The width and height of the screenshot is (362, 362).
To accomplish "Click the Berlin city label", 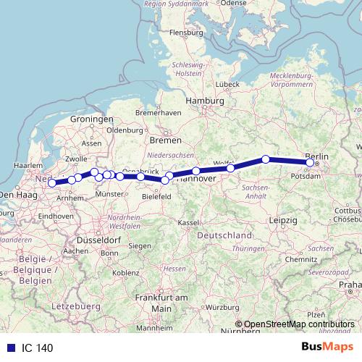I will [316, 156].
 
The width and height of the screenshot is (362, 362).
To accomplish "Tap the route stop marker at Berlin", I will [311, 163].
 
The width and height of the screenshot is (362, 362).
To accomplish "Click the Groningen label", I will [92, 119].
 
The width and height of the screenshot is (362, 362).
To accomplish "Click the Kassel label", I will [188, 222].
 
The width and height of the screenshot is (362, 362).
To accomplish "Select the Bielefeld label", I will [156, 195].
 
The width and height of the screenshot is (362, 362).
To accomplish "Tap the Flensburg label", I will [185, 33].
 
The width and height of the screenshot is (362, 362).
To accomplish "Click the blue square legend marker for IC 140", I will [10, 348].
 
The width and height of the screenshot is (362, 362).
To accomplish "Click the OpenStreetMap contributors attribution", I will [298, 324].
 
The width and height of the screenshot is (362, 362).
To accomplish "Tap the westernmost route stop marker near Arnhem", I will [52, 183].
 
